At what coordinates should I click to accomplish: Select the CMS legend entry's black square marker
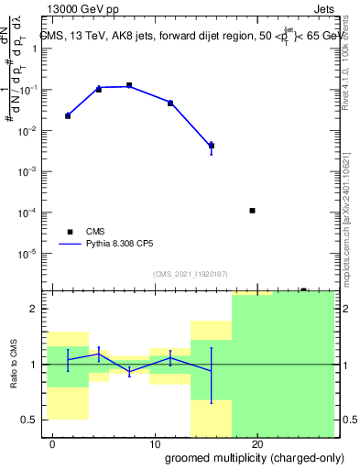69,233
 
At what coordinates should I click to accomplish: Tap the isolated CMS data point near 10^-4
252,211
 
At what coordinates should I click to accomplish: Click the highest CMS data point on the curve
129,85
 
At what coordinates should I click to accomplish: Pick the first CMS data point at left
68,116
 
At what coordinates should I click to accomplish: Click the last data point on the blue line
212,146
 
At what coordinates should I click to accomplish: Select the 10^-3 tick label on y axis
30,172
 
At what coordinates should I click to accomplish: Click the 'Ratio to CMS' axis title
14,365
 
